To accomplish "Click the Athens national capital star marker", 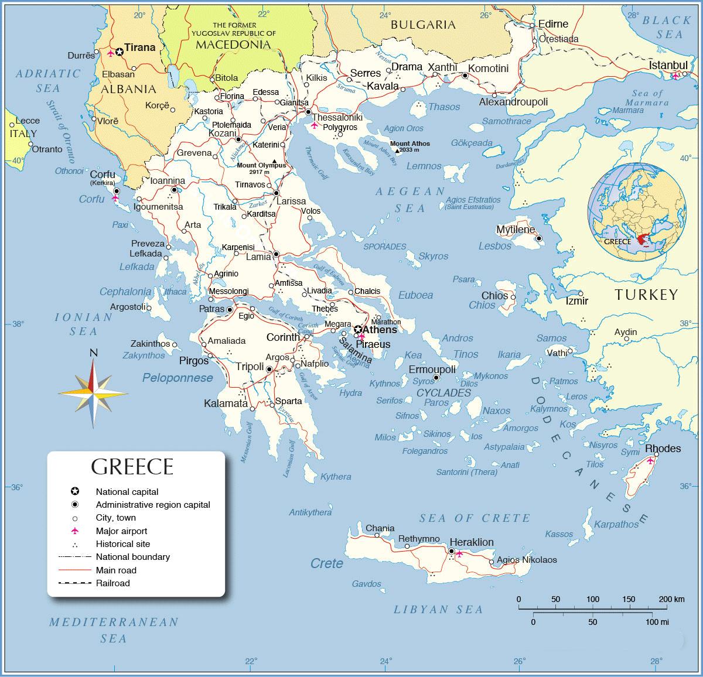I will click(358, 330).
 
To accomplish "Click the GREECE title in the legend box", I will click(132, 467).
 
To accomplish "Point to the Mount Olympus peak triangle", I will click(274, 160).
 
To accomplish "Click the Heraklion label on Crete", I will click(471, 542).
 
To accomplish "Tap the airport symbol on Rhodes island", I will click(650, 461).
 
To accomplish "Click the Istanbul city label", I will click(668, 65).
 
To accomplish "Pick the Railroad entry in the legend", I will click(112, 583).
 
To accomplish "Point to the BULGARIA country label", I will click(423, 25).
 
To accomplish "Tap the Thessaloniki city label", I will click(337, 117).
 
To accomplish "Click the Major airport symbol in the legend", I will click(74, 531).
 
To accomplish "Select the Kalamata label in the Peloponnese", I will click(226, 404).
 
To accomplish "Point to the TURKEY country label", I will click(646, 295).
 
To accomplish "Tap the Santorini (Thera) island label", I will click(467, 472).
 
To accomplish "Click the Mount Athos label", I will click(409, 143).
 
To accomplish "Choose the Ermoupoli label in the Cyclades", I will click(432, 370).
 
